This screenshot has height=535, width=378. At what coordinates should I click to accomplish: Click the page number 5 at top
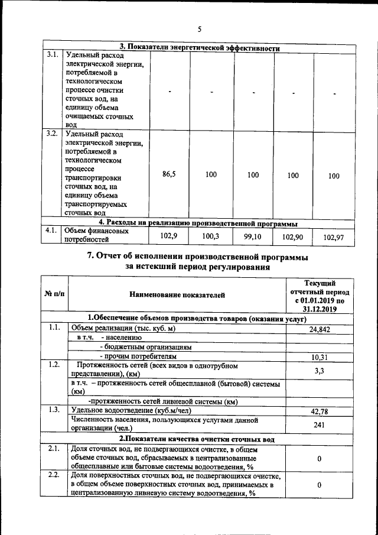point(199,29)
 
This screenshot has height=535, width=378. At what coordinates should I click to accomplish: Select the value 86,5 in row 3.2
point(168,175)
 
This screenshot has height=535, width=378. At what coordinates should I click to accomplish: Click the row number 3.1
point(52,56)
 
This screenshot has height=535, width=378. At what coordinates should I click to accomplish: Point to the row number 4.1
point(52,231)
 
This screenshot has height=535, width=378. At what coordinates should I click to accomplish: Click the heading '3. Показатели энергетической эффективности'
point(199,48)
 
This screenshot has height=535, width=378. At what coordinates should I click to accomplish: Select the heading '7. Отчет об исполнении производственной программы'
point(198,257)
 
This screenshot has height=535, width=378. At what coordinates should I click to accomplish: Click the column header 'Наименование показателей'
point(177,294)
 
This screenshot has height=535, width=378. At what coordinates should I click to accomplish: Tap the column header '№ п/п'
point(54,294)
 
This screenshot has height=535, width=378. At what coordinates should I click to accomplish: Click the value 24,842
point(319,329)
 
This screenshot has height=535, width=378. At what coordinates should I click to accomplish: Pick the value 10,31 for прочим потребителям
point(319,356)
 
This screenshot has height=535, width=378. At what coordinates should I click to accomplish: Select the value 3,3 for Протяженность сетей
point(319,369)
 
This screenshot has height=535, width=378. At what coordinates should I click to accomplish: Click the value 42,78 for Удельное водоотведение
point(319,410)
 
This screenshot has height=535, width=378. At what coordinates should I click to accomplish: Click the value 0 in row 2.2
point(319,485)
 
